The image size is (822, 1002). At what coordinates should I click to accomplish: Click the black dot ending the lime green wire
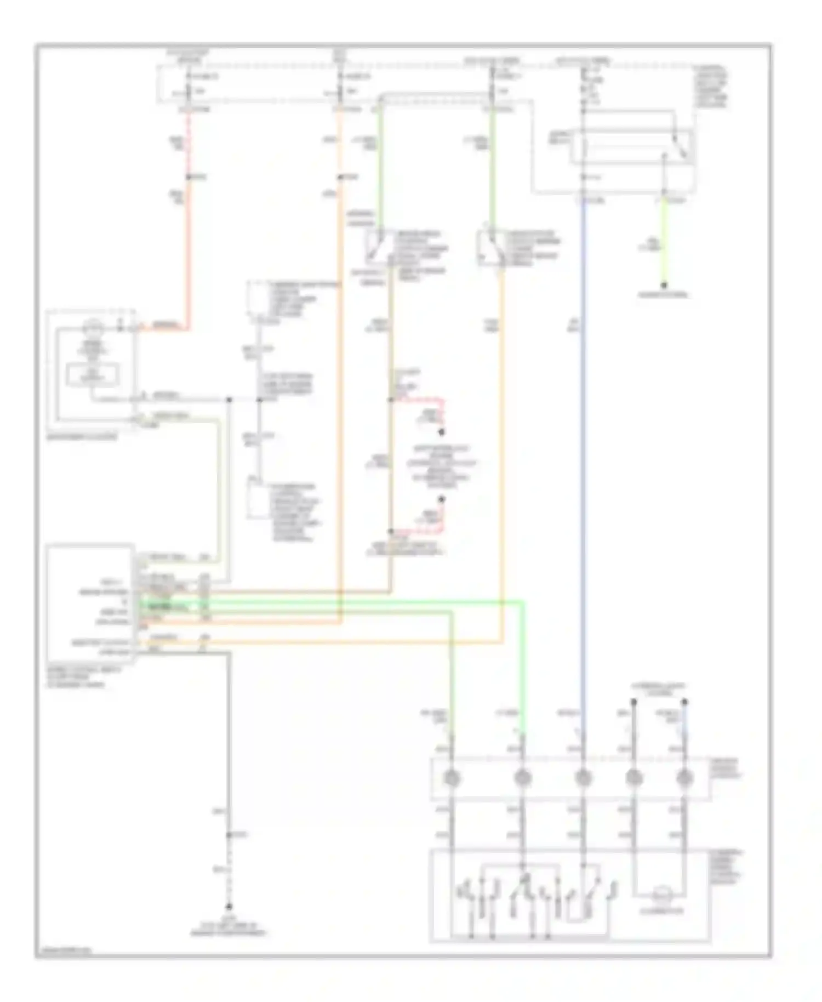664,285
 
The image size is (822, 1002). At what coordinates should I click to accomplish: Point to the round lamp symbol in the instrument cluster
93,329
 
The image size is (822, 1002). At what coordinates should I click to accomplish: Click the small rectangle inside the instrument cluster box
92,374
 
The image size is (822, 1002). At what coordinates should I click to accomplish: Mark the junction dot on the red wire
189,177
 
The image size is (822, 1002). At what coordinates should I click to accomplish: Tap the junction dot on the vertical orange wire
340,177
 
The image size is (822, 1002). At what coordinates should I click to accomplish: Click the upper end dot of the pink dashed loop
442,432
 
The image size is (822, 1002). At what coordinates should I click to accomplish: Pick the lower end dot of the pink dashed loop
442,499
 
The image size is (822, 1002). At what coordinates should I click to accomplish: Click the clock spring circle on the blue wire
583,777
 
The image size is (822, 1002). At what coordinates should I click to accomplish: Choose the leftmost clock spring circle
451,777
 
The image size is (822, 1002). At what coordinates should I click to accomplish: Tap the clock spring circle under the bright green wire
522,777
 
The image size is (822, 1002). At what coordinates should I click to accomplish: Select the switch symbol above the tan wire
379,246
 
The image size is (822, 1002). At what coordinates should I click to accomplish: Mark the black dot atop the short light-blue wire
684,702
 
